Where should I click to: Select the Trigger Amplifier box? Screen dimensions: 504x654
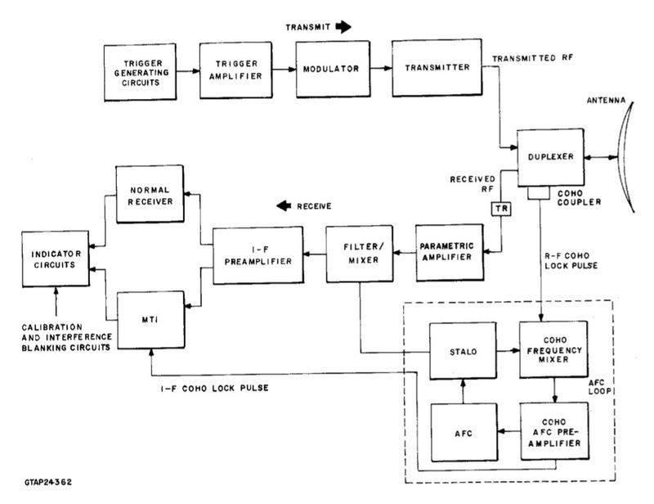238,69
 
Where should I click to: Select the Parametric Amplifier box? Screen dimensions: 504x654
446,250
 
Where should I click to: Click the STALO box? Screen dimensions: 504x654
464,351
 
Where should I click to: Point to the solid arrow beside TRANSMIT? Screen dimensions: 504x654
343,26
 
